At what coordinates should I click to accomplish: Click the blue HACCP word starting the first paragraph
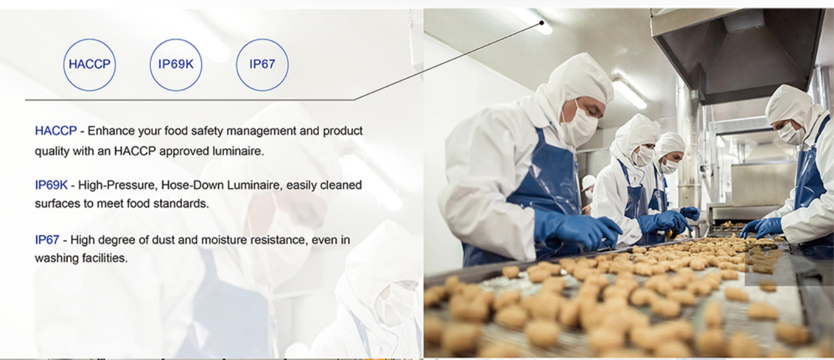[56, 131]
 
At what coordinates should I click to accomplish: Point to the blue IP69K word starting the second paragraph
[52, 185]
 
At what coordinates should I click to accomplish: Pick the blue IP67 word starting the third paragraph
[47, 240]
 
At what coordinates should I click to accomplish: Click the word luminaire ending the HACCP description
[238, 151]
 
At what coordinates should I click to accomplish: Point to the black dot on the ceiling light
[542, 23]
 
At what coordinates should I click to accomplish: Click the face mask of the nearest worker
[579, 125]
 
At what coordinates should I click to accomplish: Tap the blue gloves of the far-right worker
[762, 227]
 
